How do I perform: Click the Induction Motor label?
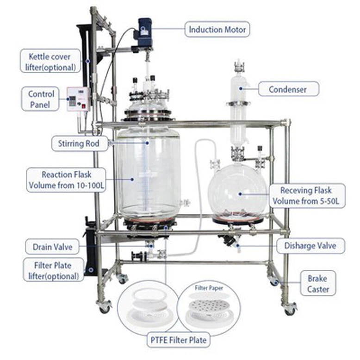click(x=217, y=29)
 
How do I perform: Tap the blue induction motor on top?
click(x=145, y=32)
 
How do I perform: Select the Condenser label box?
click(x=288, y=88)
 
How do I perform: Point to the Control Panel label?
click(x=41, y=99)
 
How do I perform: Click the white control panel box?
click(x=78, y=99)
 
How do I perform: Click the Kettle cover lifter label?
click(x=50, y=62)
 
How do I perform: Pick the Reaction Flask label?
click(x=66, y=180)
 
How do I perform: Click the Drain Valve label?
click(x=52, y=247)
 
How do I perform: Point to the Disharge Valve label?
click(x=310, y=246)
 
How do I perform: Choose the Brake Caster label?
click(x=317, y=284)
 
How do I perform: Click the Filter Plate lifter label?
click(x=53, y=271)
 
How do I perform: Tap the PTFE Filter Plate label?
click(x=179, y=340)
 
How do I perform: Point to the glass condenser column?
click(x=239, y=107)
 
